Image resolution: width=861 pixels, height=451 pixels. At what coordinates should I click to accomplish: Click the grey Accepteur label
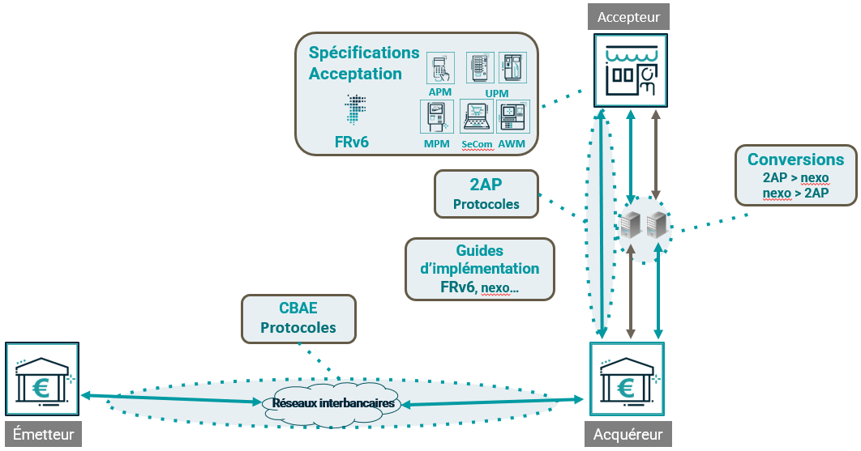(x=629, y=16)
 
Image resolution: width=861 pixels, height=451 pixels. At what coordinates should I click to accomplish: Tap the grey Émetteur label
(x=43, y=435)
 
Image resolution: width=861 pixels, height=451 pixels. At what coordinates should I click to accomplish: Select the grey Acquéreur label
(x=628, y=435)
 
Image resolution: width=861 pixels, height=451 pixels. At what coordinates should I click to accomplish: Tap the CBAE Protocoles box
(x=298, y=318)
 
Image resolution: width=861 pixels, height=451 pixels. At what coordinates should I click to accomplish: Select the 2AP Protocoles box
(x=486, y=194)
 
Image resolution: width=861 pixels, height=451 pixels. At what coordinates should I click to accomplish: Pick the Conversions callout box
(x=795, y=175)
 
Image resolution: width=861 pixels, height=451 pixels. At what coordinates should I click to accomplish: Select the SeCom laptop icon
(x=478, y=118)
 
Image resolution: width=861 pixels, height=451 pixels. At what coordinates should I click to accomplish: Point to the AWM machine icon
(x=512, y=118)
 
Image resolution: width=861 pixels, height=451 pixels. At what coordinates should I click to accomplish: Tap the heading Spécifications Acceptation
(x=364, y=63)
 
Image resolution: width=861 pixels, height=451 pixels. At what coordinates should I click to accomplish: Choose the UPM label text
(x=496, y=94)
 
